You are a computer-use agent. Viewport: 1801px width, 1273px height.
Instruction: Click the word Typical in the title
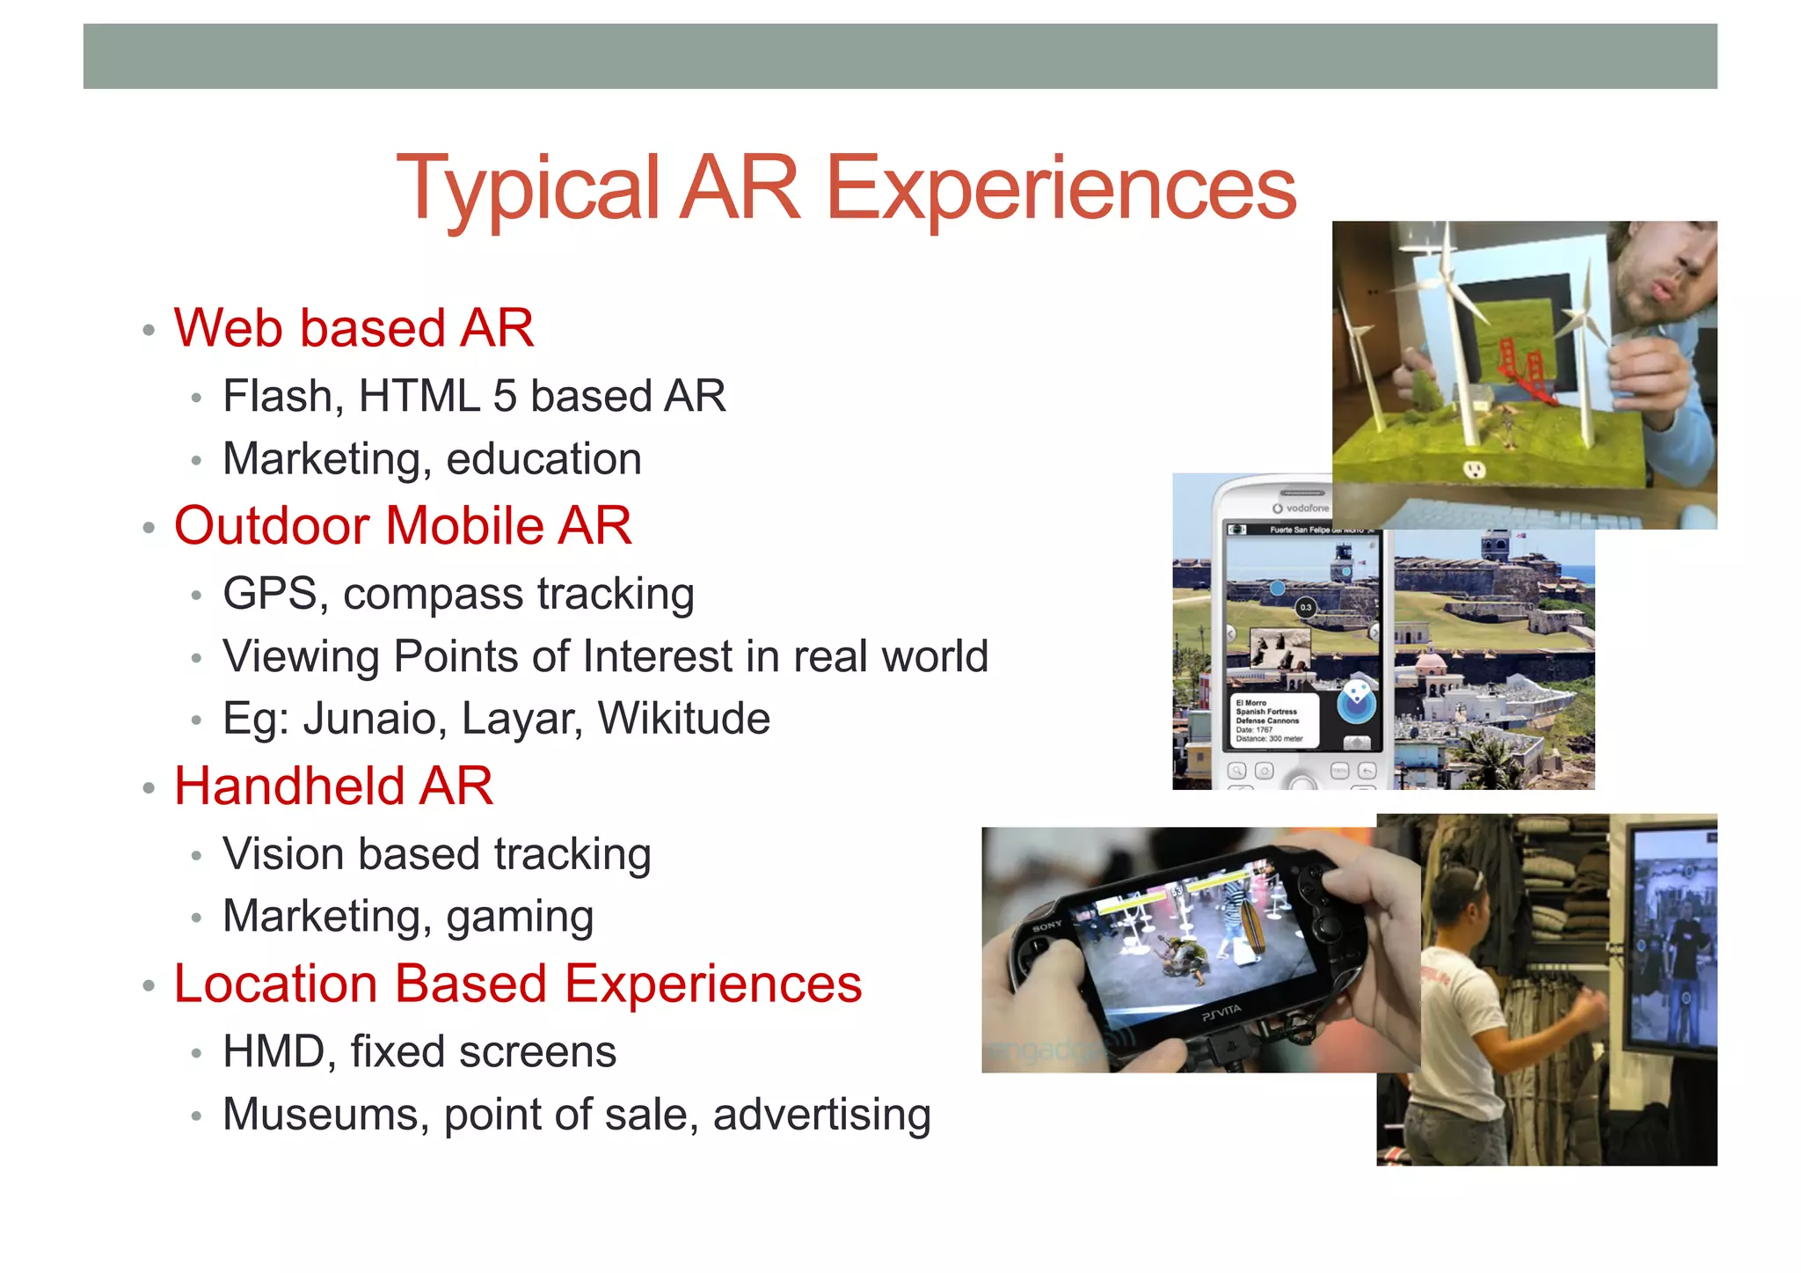pyautogui.click(x=528, y=189)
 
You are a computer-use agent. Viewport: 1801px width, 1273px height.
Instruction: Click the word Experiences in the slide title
pyautogui.click(x=1061, y=189)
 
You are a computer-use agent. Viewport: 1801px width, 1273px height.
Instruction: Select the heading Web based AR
pyautogui.click(x=354, y=328)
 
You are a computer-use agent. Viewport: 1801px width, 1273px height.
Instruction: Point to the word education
pyautogui.click(x=543, y=459)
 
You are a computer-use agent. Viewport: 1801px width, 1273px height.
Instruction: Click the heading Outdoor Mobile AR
pyautogui.click(x=403, y=526)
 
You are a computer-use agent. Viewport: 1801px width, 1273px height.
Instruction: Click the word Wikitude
pyautogui.click(x=684, y=719)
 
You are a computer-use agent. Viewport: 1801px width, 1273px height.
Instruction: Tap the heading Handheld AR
pyautogui.click(x=333, y=786)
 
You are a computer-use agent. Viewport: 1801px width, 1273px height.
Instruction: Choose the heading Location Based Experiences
pyautogui.click(x=517, y=984)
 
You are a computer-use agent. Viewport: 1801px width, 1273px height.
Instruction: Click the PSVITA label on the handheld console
pyautogui.click(x=1221, y=1011)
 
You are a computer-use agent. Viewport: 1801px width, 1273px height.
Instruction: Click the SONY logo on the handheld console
pyautogui.click(x=1047, y=926)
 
